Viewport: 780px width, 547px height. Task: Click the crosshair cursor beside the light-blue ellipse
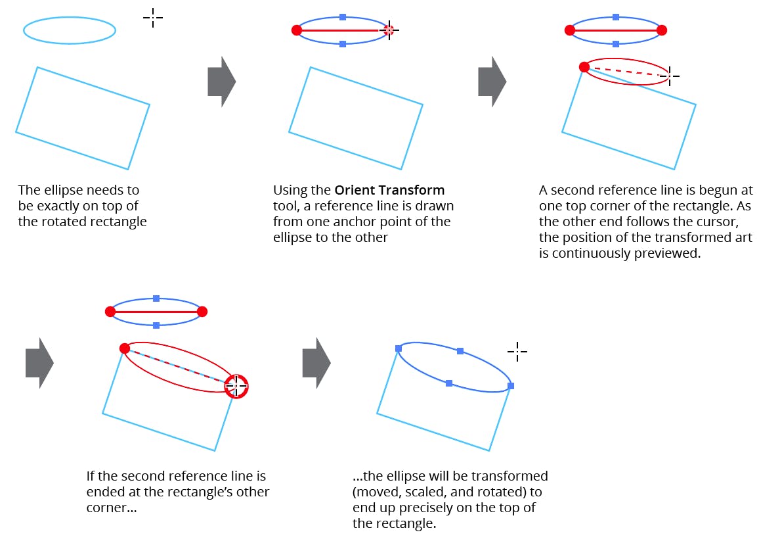pyautogui.click(x=152, y=18)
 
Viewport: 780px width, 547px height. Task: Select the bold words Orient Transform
pyautogui.click(x=389, y=191)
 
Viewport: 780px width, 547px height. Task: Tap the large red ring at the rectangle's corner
pyautogui.click(x=236, y=387)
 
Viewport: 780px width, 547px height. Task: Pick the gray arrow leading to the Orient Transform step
pyautogui.click(x=222, y=82)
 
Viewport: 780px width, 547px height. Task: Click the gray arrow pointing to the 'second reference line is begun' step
pyautogui.click(x=492, y=82)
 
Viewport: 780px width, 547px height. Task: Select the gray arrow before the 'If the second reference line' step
pyautogui.click(x=39, y=363)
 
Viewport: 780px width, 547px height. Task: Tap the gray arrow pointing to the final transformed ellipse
pyautogui.click(x=316, y=363)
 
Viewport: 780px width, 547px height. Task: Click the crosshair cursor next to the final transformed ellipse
pyautogui.click(x=517, y=352)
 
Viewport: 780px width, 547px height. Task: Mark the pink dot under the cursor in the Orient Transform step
pyautogui.click(x=389, y=30)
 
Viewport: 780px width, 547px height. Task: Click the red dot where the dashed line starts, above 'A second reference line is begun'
pyautogui.click(x=584, y=66)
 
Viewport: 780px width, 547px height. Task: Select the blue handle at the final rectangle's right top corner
pyautogui.click(x=511, y=386)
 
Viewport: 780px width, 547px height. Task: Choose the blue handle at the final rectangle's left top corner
pyautogui.click(x=399, y=348)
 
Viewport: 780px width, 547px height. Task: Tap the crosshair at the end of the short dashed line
pyautogui.click(x=669, y=76)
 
